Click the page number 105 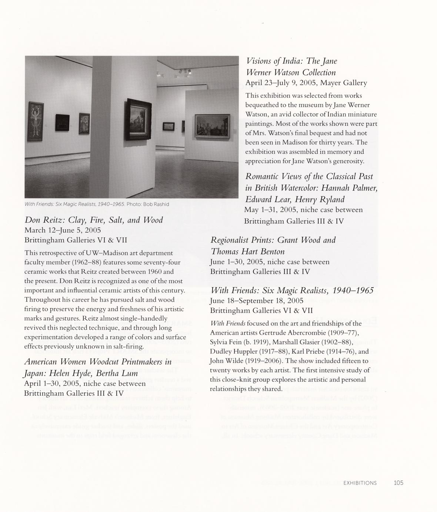[398, 483]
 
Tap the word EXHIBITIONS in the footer [360, 483]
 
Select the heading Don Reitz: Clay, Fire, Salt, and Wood [94, 220]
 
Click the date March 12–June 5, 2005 [63, 230]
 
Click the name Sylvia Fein [224, 342]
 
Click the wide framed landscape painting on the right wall [212, 128]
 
